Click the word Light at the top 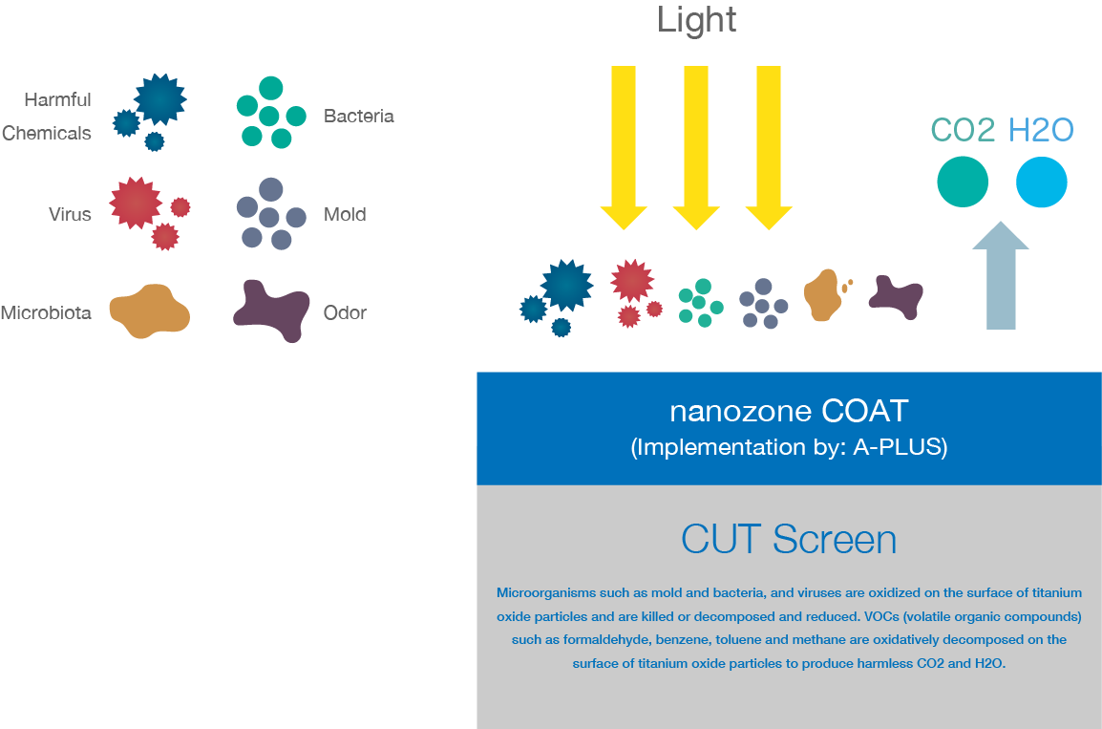click(696, 20)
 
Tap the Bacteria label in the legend click(358, 116)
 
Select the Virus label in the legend click(70, 214)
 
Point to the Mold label click(345, 214)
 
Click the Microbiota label click(46, 312)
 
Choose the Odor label click(345, 312)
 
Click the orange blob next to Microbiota click(149, 311)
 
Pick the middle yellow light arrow click(696, 148)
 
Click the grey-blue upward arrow click(1001, 275)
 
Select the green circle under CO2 click(963, 182)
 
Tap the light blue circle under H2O click(1042, 182)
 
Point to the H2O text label click(1041, 130)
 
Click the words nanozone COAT click(789, 411)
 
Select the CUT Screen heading click(789, 540)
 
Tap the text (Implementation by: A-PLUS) click(789, 447)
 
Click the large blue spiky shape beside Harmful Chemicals click(160, 99)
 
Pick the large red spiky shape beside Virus click(136, 204)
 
